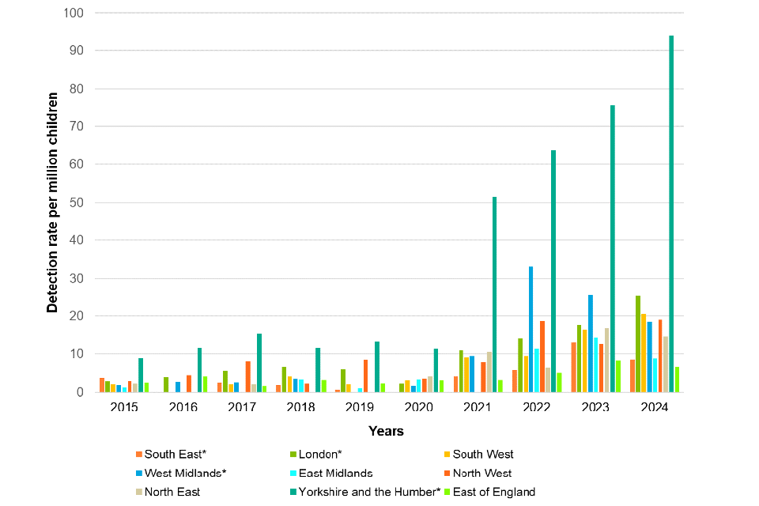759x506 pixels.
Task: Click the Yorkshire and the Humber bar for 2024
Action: (x=671, y=213)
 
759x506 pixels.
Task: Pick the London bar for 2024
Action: (x=637, y=344)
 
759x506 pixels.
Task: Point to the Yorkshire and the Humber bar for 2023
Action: (x=613, y=248)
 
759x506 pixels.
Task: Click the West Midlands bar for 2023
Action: (x=590, y=343)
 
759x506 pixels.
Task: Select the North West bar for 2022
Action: (x=542, y=356)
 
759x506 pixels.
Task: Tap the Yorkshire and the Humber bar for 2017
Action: (x=259, y=362)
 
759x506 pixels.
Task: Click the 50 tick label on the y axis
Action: (x=77, y=202)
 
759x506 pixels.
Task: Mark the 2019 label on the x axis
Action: (x=360, y=407)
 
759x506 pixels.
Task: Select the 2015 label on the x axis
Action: (x=125, y=407)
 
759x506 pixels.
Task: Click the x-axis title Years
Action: (x=386, y=431)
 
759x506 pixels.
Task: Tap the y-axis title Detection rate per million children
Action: (x=53, y=202)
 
